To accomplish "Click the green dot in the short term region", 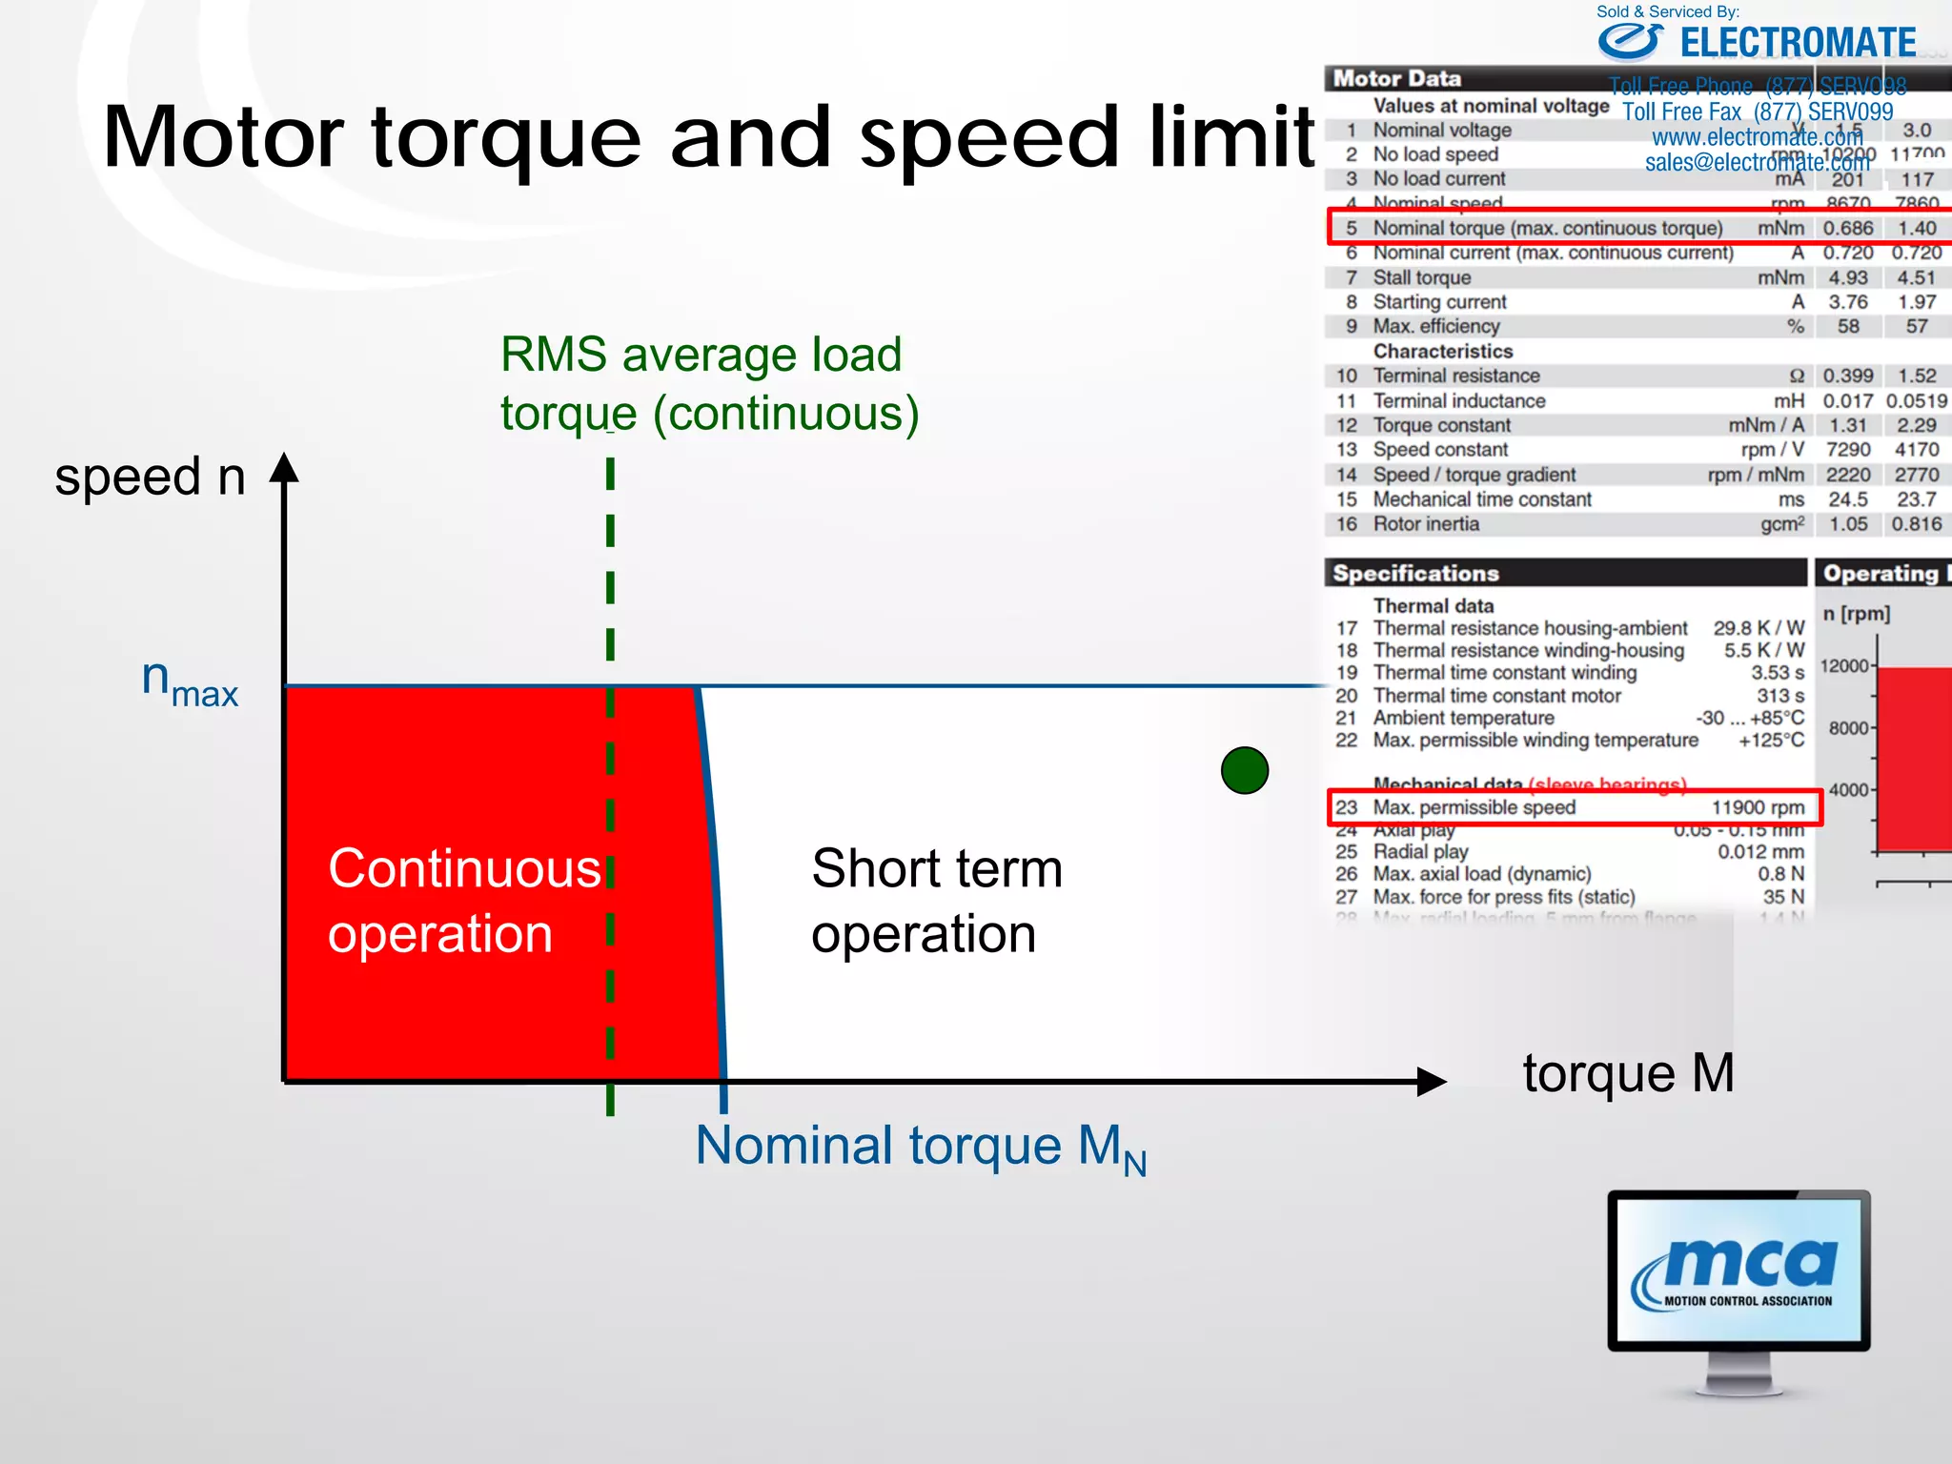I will [1244, 770].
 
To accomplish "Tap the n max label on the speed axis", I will [189, 682].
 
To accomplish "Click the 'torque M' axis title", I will [1627, 1073].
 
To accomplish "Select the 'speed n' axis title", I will [150, 477].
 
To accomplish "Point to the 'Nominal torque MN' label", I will [920, 1147].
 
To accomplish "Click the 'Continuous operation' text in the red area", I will [464, 900].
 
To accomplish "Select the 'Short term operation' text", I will [936, 900].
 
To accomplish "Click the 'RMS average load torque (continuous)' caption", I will [708, 383].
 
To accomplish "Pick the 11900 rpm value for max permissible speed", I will [1757, 807].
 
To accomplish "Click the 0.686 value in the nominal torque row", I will [1847, 229].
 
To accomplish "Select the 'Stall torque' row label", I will [1421, 277].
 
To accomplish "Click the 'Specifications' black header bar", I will [1564, 573].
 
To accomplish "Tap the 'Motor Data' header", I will [1396, 78].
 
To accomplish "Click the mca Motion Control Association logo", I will [1738, 1271].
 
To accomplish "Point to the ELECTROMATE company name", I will [1797, 44].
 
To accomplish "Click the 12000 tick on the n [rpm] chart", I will [1844, 665].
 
